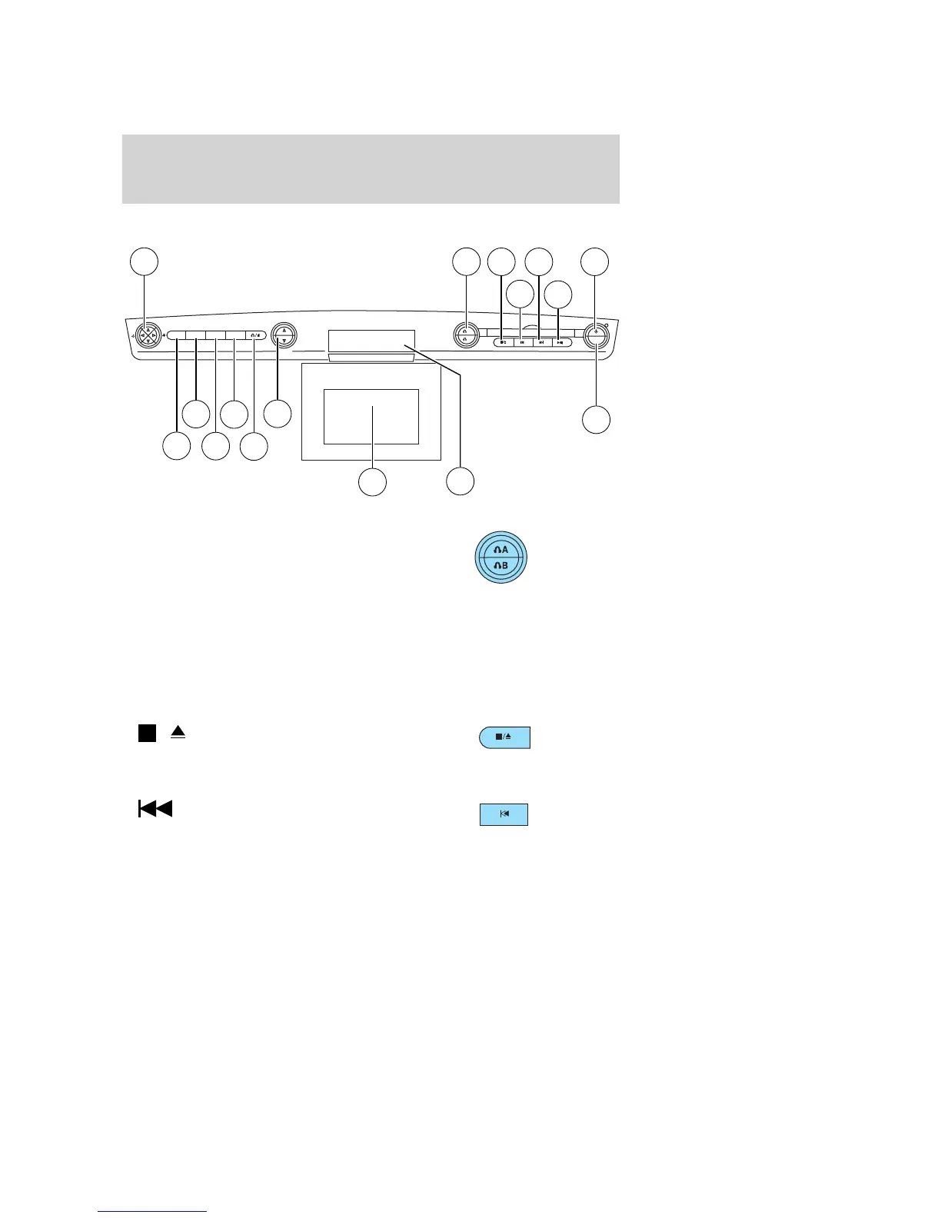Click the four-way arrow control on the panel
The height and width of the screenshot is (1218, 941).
tap(147, 335)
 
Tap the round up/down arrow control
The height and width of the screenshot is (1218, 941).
tap(284, 335)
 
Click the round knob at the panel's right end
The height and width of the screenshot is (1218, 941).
tap(596, 335)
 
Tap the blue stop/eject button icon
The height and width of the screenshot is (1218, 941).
tap(504, 737)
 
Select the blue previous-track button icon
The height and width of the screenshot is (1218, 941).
tap(504, 814)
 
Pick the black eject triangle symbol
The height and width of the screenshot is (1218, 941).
tap(178, 733)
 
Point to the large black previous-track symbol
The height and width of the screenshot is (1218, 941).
tap(155, 809)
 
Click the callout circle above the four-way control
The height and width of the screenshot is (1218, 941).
tap(144, 261)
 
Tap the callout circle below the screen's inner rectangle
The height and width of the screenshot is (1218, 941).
tap(373, 482)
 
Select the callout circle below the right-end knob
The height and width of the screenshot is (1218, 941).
tap(596, 420)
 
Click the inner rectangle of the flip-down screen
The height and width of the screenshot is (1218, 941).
tap(371, 416)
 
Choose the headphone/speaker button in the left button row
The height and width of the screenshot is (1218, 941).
tap(256, 335)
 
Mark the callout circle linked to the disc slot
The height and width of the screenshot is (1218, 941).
tap(461, 481)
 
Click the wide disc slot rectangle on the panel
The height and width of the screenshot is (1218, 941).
tap(371, 341)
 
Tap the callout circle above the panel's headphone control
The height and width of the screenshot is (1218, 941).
tap(465, 261)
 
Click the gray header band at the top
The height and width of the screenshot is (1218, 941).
tap(371, 169)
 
